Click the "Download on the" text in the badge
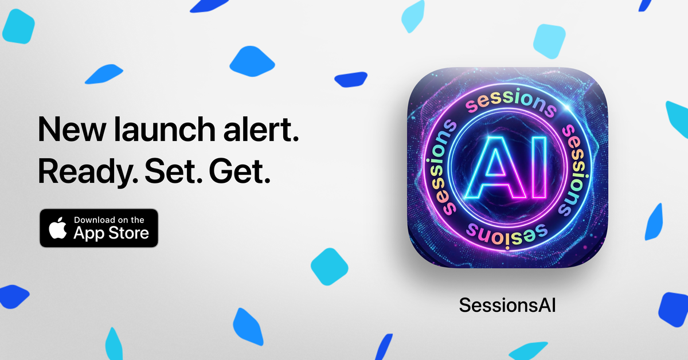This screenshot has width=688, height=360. [109, 220]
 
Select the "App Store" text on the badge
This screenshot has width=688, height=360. [111, 233]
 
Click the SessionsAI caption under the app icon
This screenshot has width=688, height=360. [507, 305]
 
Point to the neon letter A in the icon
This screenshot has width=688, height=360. [494, 166]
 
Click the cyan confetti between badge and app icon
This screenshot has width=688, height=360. [329, 267]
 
